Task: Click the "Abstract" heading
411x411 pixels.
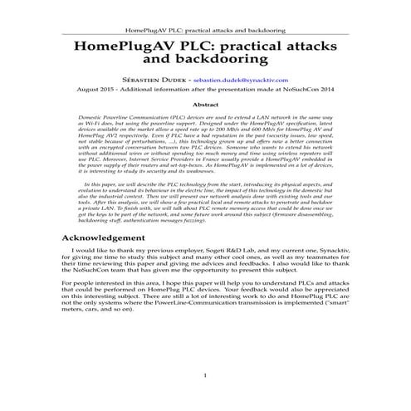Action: pos(205,105)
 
